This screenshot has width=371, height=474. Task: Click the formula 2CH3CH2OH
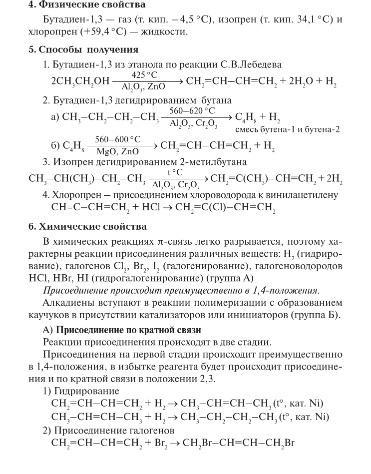coord(80,81)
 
